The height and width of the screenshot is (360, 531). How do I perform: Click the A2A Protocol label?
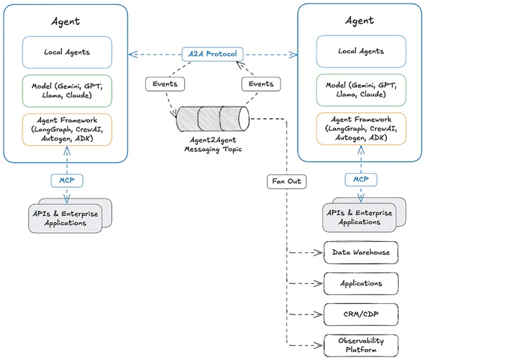[212, 54]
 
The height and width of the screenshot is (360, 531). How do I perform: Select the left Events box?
[165, 84]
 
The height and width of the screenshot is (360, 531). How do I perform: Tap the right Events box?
[261, 84]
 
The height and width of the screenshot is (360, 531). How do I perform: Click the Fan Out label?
[286, 181]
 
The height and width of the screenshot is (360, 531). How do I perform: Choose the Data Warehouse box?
[361, 253]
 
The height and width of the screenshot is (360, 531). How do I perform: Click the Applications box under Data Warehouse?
[361, 284]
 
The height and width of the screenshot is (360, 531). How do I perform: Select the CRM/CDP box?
[361, 314]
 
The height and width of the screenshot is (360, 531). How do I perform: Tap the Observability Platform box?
[361, 345]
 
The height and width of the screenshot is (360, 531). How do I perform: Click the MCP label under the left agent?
[67, 180]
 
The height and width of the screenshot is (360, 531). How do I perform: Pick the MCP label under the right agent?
[361, 180]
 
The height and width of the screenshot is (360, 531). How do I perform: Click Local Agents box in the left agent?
[67, 52]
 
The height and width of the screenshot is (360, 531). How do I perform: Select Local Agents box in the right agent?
[361, 51]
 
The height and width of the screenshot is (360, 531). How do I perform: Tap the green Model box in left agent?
[67, 91]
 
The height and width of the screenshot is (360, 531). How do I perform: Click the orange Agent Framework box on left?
[67, 130]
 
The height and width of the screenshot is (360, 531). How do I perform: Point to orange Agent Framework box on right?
[361, 129]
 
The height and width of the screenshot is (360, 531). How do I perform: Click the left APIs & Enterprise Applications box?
[65, 218]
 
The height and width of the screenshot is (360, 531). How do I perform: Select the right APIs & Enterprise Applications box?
[359, 217]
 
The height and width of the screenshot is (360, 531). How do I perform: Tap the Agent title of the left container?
[65, 21]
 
